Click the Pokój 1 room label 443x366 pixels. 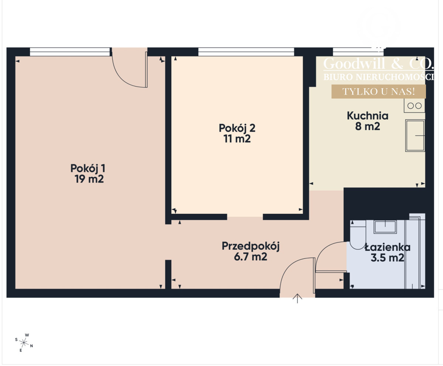(88, 168)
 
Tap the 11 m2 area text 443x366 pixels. (237, 139)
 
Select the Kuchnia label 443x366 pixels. (368, 116)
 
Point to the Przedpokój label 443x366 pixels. (251, 247)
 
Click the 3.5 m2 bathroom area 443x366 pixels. (387, 258)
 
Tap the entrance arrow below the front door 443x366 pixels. (298, 298)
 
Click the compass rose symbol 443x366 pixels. (24, 342)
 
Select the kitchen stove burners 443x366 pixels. (414, 106)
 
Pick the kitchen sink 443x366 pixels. (415, 136)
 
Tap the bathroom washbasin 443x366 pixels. (385, 227)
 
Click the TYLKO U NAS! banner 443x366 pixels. (379, 92)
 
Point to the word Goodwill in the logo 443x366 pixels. (354, 64)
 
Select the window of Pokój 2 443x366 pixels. (246, 52)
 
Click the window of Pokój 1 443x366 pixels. (70, 52)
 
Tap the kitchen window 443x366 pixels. (358, 52)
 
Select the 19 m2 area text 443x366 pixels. (89, 179)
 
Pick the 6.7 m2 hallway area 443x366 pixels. (251, 257)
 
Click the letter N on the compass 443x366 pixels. (31, 346)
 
